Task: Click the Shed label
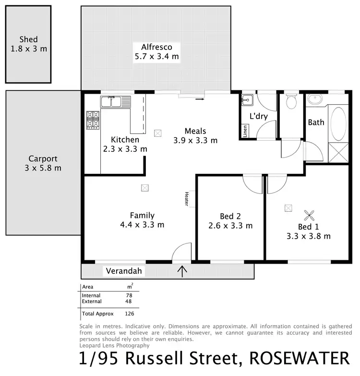(29, 39)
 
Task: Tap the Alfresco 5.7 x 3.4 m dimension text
(156, 57)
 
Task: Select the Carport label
(43, 158)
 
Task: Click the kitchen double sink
(116, 101)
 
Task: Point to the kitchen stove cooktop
(93, 120)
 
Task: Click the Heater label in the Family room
(186, 199)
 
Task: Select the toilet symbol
(291, 102)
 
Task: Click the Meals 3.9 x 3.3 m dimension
(195, 141)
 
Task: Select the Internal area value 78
(128, 295)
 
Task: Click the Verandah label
(124, 271)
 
